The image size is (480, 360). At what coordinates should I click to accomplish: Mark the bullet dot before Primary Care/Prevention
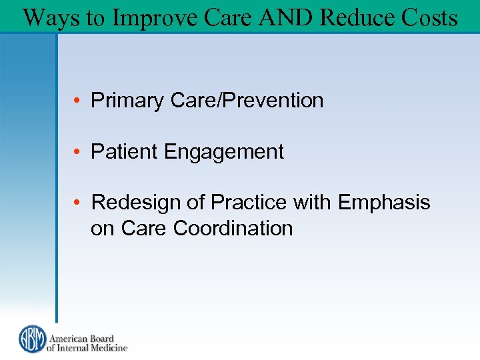[x=78, y=101]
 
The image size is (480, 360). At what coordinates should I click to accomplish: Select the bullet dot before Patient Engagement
[x=78, y=153]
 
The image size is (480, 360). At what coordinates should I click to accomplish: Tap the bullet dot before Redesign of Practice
[x=78, y=203]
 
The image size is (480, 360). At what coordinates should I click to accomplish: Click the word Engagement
[x=223, y=153]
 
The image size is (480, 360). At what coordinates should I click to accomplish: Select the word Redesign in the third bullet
[x=135, y=202]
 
